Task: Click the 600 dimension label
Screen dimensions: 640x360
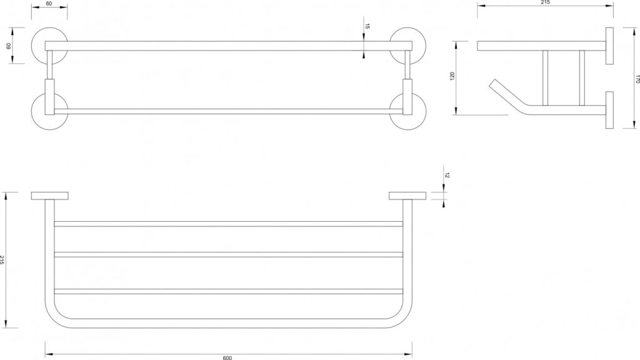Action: (227, 357)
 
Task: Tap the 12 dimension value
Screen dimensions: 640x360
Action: (447, 176)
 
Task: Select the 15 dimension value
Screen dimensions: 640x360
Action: (367, 26)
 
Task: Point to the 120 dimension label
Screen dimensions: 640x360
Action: (452, 76)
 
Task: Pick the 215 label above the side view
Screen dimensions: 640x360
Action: (545, 2)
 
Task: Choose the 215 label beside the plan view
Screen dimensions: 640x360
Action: (2, 260)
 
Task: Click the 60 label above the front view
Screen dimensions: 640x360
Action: (49, 4)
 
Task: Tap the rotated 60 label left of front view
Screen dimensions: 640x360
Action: (7, 46)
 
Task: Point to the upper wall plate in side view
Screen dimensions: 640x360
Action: (609, 46)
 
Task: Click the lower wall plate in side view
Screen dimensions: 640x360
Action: (609, 110)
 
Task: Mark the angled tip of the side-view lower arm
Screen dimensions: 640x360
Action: (493, 82)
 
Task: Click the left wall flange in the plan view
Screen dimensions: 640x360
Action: (50, 196)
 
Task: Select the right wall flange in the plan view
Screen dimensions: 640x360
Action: (407, 196)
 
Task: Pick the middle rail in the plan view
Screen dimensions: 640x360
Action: (229, 255)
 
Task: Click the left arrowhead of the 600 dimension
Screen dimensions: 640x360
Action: (47, 354)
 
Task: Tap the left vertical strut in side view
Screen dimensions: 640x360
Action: (545, 78)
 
